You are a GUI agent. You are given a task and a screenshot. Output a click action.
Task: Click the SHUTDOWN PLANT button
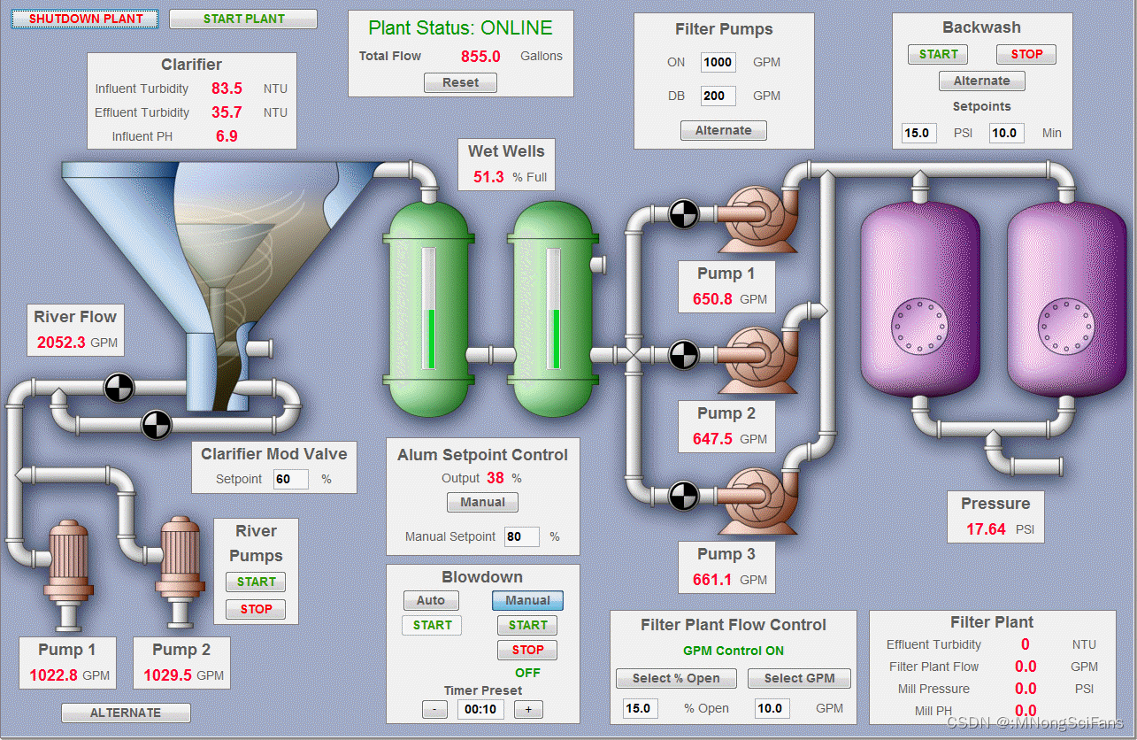(x=85, y=19)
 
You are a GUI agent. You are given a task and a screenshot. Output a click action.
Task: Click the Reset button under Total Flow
(x=460, y=82)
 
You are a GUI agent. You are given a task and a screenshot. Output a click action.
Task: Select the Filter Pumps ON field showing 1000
(x=718, y=62)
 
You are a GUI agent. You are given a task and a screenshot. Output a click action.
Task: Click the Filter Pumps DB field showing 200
(x=718, y=96)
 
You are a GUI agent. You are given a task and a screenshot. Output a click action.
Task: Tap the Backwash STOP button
(x=1026, y=54)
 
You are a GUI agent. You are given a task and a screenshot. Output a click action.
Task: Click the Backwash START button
(x=938, y=54)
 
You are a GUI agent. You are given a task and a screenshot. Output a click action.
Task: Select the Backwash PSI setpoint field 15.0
(x=918, y=133)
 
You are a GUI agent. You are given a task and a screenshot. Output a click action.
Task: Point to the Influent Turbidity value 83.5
(x=227, y=89)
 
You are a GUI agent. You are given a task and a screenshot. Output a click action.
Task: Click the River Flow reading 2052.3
(x=61, y=343)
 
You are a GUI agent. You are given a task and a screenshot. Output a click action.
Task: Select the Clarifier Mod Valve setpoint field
(x=290, y=479)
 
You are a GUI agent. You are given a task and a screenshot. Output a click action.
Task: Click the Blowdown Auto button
(x=431, y=600)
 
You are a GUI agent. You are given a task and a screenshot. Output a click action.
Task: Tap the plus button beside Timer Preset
(x=528, y=709)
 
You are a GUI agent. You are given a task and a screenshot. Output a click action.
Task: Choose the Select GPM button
(x=799, y=678)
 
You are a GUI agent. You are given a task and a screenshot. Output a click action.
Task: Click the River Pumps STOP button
(x=256, y=609)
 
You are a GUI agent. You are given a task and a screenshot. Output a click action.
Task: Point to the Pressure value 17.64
(x=986, y=529)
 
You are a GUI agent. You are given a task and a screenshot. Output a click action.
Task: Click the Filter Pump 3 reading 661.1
(x=712, y=580)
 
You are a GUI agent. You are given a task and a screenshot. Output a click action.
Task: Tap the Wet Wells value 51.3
(x=488, y=176)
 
